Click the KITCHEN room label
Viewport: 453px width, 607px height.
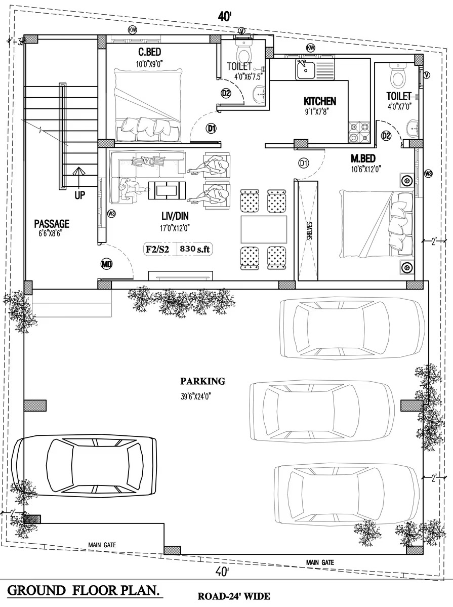coord(319,101)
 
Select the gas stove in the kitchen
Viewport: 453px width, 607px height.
coord(360,132)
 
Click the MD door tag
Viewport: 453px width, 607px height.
coord(106,265)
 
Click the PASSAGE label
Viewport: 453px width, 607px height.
coord(52,224)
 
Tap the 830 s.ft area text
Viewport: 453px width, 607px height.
coord(195,249)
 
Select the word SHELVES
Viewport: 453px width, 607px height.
coord(309,230)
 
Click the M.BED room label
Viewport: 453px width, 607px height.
coord(363,158)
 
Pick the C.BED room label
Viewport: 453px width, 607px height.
coord(149,52)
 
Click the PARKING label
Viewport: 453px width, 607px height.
coord(202,381)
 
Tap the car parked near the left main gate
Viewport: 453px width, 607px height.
coord(85,465)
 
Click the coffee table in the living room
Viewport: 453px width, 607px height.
coord(168,190)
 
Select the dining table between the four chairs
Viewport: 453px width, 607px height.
coord(264,229)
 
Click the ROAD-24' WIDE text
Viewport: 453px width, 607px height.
coord(234,596)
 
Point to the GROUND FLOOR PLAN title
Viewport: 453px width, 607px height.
coord(83,591)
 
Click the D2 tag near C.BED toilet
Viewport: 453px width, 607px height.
coord(226,93)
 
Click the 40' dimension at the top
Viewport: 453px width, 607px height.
coord(225,17)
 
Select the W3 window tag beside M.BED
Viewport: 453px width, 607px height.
coord(428,173)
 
